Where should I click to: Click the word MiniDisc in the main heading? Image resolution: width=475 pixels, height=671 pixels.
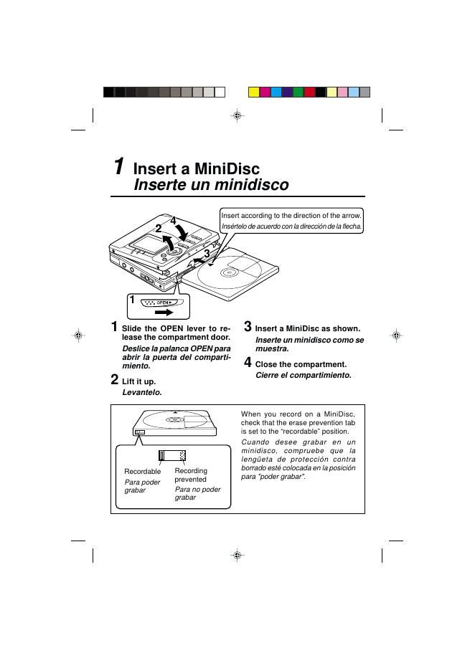pyautogui.click(x=227, y=168)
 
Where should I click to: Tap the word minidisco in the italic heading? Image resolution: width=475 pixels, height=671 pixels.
pyautogui.click(x=251, y=185)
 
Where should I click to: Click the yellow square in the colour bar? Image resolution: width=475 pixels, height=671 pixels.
pyautogui.click(x=254, y=92)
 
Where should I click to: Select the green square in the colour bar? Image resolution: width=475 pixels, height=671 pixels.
pyautogui.click(x=298, y=92)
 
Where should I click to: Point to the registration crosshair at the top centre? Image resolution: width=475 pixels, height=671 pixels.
pyautogui.click(x=237, y=115)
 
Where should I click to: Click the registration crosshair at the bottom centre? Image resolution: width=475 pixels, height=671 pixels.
pyautogui.click(x=237, y=556)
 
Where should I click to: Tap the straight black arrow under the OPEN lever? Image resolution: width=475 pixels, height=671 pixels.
pyautogui.click(x=164, y=313)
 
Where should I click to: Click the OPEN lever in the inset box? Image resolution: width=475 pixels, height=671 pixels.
pyautogui.click(x=162, y=303)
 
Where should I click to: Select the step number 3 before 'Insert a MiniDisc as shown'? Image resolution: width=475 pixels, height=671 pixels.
pyautogui.click(x=248, y=326)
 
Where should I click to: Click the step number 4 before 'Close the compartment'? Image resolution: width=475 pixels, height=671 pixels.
pyautogui.click(x=248, y=363)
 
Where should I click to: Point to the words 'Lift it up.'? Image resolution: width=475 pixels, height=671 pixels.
pyautogui.click(x=138, y=381)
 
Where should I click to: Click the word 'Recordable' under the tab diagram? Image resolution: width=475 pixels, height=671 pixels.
pyautogui.click(x=143, y=471)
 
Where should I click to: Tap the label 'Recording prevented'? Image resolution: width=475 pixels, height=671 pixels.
pyautogui.click(x=191, y=475)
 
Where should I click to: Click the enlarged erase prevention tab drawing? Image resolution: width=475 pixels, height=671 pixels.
pyautogui.click(x=172, y=455)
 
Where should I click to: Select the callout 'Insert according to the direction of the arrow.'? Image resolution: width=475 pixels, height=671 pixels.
pyautogui.click(x=291, y=216)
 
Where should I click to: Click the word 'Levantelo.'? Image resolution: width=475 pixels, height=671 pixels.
pyautogui.click(x=142, y=392)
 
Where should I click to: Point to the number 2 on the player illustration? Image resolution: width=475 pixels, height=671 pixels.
pyautogui.click(x=159, y=229)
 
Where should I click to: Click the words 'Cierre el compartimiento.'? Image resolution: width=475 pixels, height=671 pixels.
pyautogui.click(x=304, y=376)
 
